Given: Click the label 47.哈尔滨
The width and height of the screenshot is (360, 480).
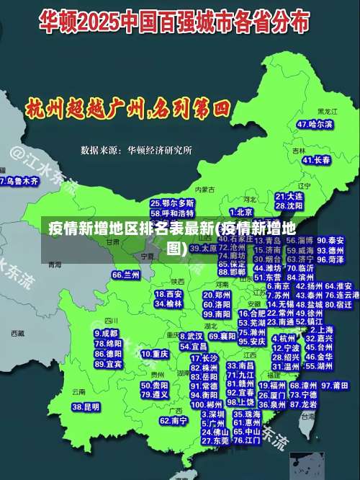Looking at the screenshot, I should [x=315, y=125].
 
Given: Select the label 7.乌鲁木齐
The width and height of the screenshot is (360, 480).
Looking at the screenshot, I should [x=19, y=182].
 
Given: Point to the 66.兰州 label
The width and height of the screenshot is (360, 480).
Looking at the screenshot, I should [x=126, y=275].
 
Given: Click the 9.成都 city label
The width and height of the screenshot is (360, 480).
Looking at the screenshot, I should [x=106, y=334].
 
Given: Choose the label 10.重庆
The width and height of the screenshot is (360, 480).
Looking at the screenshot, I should [x=156, y=354].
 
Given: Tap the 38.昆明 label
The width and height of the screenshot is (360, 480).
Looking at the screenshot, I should [x=86, y=407].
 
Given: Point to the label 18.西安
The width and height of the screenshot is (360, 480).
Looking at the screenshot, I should [x=169, y=294].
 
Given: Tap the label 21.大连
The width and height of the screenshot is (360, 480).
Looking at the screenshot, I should [x=289, y=195].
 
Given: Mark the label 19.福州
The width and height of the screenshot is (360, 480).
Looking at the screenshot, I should [x=273, y=386].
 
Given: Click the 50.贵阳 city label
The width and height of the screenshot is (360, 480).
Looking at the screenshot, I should [x=156, y=385].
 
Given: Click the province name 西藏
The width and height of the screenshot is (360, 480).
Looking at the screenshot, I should [x=18, y=334].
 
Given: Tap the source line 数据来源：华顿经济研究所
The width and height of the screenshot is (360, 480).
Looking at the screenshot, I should [x=136, y=150].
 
